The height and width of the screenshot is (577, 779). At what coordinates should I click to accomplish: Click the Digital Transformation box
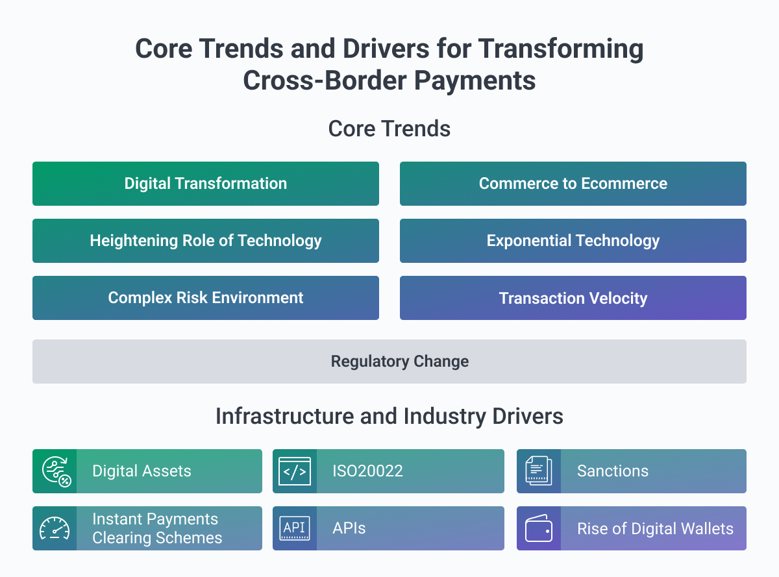[x=206, y=184]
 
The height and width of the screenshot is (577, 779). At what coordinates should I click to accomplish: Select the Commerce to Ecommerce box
[x=573, y=184]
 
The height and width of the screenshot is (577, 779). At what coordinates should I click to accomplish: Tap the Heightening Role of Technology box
[x=206, y=241]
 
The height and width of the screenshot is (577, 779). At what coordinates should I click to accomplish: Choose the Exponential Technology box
[x=573, y=241]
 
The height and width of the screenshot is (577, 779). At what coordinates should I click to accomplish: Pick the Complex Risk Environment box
[x=206, y=298]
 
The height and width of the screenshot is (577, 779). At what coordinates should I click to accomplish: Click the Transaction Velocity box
[x=573, y=298]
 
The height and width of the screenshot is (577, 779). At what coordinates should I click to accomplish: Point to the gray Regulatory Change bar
[x=389, y=362]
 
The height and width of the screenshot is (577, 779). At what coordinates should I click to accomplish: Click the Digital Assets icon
[x=55, y=471]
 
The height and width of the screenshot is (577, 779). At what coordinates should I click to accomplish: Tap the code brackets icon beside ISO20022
[x=295, y=471]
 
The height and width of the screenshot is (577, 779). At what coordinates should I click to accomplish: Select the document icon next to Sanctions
[x=539, y=471]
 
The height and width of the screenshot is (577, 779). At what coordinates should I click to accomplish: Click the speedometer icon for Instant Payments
[x=55, y=528]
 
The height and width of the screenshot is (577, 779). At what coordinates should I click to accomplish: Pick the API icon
[x=295, y=528]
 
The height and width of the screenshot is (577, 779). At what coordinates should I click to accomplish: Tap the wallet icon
[x=539, y=528]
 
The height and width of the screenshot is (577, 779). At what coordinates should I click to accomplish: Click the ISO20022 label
[x=368, y=471]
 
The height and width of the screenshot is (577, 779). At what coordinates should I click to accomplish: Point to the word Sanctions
[x=613, y=471]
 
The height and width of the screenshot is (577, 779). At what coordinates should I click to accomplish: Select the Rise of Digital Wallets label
[x=655, y=528]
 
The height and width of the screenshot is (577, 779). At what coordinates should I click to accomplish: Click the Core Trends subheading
[x=389, y=129]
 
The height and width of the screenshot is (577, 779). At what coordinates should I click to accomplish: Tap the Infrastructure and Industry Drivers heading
[x=389, y=416]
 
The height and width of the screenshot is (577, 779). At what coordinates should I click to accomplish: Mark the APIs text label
[x=349, y=528]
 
